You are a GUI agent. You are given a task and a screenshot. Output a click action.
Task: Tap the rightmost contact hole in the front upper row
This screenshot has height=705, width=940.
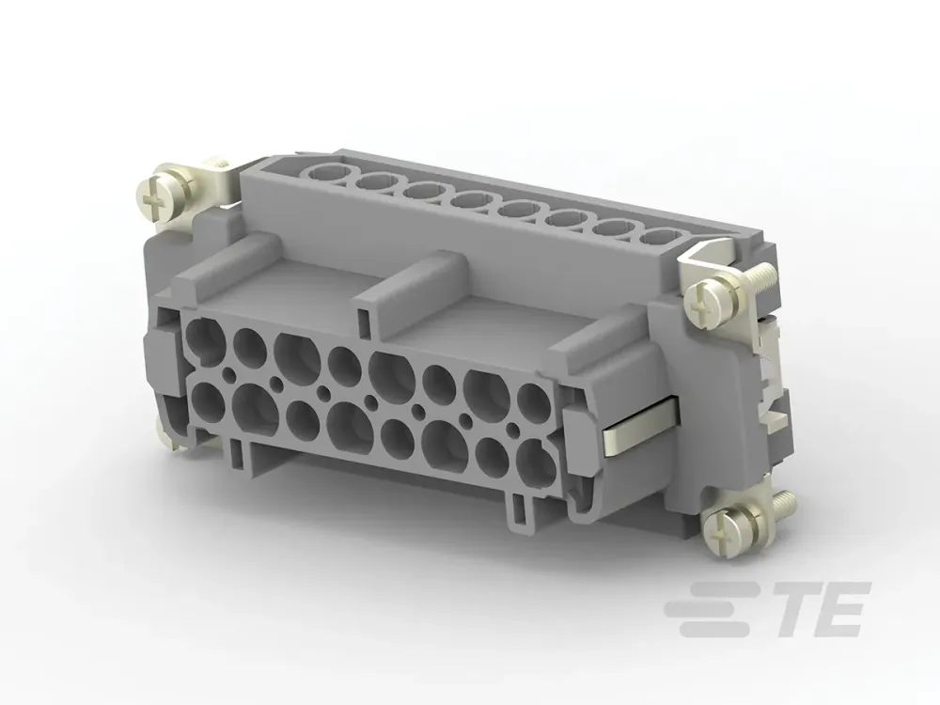click(533, 400)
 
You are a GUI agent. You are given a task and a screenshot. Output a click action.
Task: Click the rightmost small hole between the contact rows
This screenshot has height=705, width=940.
click(512, 429)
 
